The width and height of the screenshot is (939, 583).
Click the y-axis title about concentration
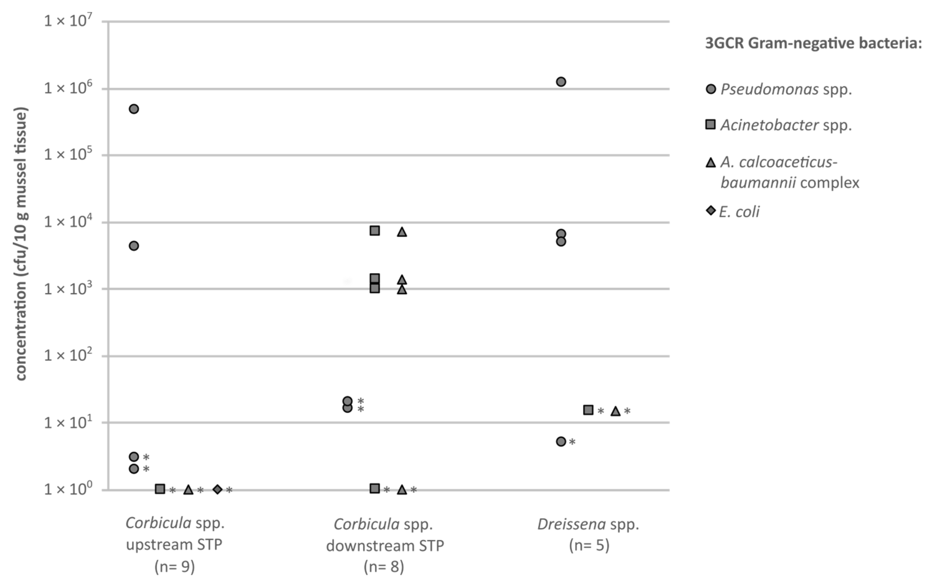[x=21, y=244]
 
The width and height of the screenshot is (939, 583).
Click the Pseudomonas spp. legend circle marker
[x=711, y=90]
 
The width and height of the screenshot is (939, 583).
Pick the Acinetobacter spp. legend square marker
[x=710, y=124]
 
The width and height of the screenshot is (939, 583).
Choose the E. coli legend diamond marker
[x=711, y=211]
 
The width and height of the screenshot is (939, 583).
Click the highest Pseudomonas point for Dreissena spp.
[x=561, y=82]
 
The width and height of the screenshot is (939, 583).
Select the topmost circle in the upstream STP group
[x=134, y=109]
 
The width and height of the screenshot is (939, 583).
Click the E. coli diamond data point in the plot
[x=218, y=489]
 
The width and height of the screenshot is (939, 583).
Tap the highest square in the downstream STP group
[x=374, y=230]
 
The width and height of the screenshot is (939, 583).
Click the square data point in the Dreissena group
[x=588, y=410]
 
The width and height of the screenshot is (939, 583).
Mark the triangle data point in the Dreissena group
[x=615, y=411]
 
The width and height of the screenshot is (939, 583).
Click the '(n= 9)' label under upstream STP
[x=175, y=567]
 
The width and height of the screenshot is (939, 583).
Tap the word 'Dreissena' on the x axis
[x=572, y=524]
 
